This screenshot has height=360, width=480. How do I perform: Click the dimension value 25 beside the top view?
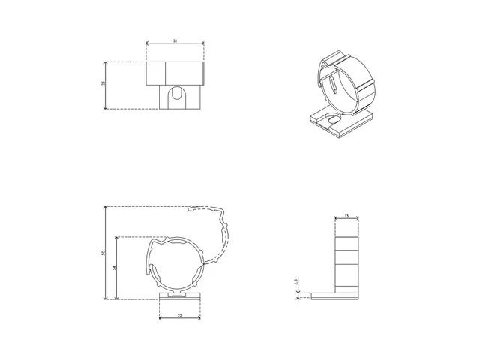[103, 84]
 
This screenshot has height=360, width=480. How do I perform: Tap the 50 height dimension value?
[103, 253]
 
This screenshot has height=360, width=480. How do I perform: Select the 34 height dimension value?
[114, 268]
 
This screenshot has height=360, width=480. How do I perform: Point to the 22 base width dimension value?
[180, 316]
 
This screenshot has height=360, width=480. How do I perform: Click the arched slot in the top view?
[176, 97]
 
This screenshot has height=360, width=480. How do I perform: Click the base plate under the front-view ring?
[180, 296]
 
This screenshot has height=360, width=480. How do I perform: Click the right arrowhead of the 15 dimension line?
[358, 220]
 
